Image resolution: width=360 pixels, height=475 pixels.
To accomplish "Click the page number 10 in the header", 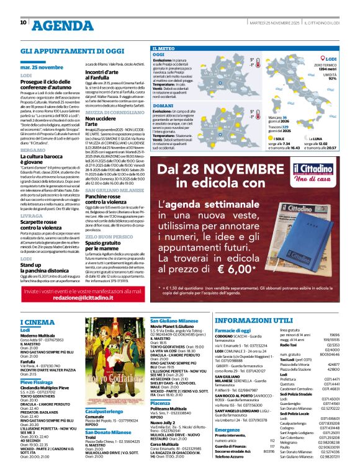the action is click(24, 22).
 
